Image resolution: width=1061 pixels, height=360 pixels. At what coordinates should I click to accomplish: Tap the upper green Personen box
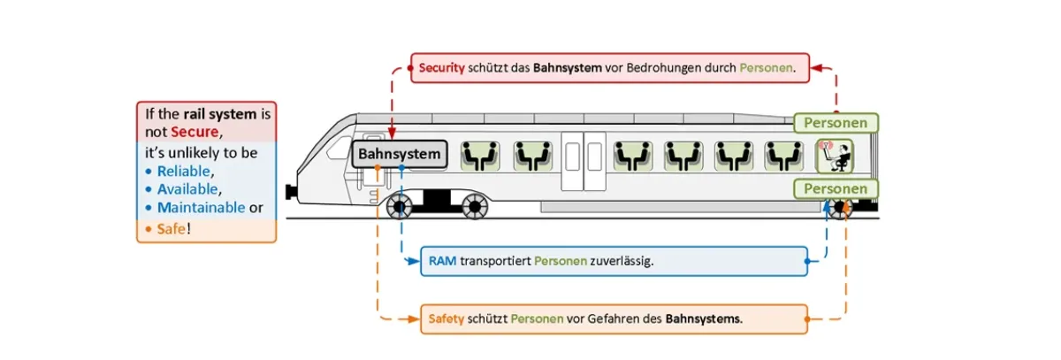tap(835, 123)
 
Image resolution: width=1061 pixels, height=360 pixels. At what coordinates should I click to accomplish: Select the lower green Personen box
tap(835, 188)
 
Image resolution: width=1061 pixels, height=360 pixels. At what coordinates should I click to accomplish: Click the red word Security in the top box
tap(441, 67)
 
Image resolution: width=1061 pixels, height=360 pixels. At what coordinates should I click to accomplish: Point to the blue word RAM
tap(442, 261)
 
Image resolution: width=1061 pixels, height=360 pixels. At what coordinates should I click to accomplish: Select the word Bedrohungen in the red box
tap(699, 67)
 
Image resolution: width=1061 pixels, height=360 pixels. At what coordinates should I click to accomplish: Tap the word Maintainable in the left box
tap(202, 209)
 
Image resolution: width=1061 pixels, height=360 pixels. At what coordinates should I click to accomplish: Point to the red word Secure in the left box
tap(194, 132)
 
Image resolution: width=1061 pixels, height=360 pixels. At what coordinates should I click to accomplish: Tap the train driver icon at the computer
tap(835, 156)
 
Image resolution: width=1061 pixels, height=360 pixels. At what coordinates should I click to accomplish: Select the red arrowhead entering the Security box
tap(818, 67)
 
